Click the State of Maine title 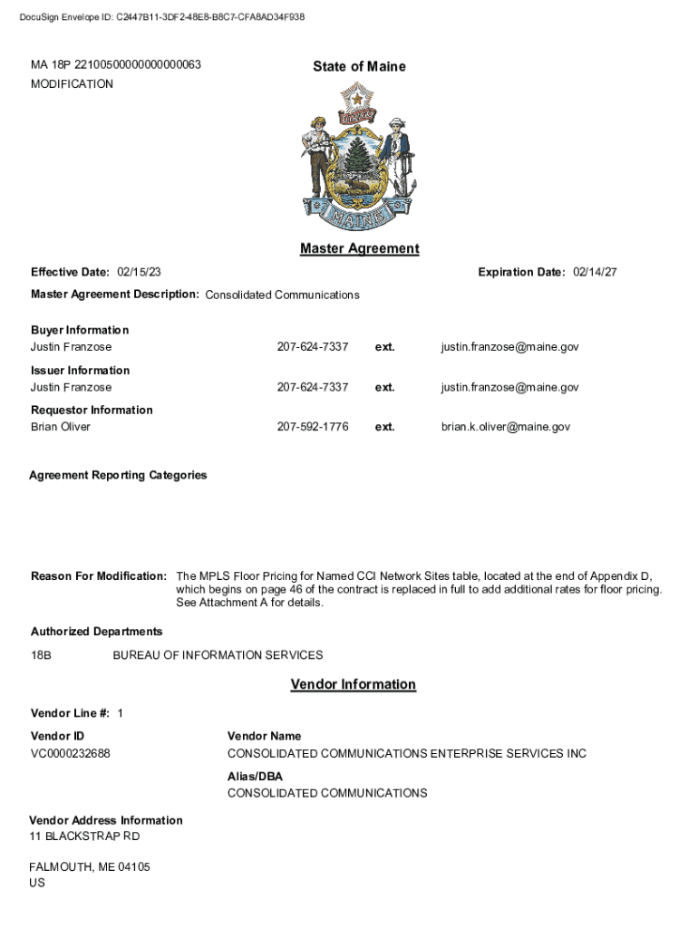[x=359, y=66]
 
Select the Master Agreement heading [x=359, y=248]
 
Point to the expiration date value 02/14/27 [x=595, y=272]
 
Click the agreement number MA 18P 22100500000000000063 [x=116, y=65]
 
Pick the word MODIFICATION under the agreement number [x=72, y=84]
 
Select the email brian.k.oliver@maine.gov [x=506, y=427]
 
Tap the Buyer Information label [x=80, y=330]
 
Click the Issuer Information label [x=80, y=370]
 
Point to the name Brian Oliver [x=61, y=427]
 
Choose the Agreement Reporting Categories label [x=118, y=475]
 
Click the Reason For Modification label [x=98, y=576]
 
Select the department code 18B [x=41, y=655]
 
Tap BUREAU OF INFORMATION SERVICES [x=218, y=655]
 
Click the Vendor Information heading [x=353, y=684]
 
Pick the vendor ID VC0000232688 [x=71, y=754]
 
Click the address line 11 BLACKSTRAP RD [x=84, y=836]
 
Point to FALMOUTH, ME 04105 [x=90, y=867]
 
